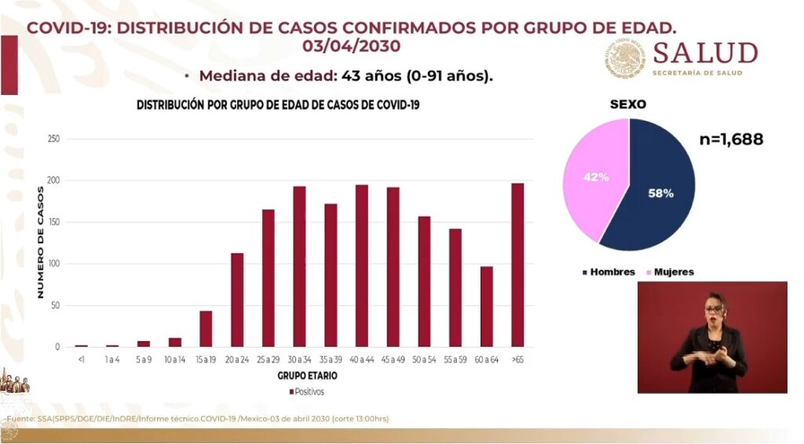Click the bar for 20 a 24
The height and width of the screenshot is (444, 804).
(237, 300)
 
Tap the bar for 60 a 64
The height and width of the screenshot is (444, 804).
(487, 307)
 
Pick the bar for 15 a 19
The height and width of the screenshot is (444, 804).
(206, 329)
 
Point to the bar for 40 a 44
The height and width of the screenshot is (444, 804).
(362, 266)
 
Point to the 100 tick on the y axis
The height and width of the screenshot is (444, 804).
(54, 264)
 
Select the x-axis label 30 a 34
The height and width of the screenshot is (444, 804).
(299, 359)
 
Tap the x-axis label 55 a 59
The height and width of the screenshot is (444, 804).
(455, 359)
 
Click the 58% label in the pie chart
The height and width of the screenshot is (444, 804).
(660, 193)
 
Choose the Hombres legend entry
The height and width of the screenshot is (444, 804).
(608, 272)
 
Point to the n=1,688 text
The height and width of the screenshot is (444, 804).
(731, 140)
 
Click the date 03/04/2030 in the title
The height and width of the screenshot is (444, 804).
(351, 46)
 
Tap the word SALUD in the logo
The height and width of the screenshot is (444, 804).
(705, 54)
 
